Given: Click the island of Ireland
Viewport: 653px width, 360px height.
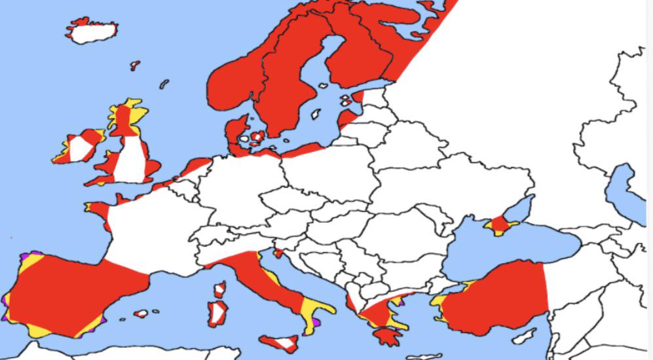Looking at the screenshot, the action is tap(79, 147).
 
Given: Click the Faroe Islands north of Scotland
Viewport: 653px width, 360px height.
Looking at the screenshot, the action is tap(135, 65).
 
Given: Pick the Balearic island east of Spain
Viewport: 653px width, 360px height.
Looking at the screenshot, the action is tap(141, 314).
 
